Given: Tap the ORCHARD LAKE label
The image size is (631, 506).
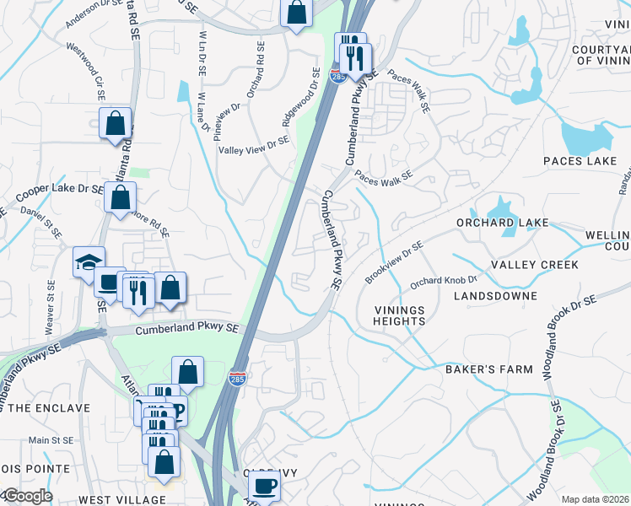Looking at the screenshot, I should pyautogui.click(x=502, y=223).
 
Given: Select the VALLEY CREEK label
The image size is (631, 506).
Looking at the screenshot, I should pyautogui.click(x=534, y=265).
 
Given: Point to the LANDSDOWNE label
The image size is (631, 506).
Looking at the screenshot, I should pyautogui.click(x=494, y=296).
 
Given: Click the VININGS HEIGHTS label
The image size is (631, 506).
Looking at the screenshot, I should pyautogui.click(x=399, y=315).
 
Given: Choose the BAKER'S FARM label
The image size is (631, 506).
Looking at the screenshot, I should pyautogui.click(x=489, y=369).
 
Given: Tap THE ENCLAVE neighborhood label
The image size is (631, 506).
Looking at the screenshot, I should pyautogui.click(x=49, y=408).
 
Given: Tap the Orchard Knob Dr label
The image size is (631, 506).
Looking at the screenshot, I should pyautogui.click(x=444, y=280).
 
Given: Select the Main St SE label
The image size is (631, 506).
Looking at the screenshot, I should pyautogui.click(x=51, y=440).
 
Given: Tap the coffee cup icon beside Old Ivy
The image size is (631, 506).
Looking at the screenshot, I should pyautogui.click(x=264, y=486).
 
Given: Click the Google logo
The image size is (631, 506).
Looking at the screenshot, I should pyautogui.click(x=27, y=496).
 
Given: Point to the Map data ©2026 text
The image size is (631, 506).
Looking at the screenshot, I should pyautogui.click(x=594, y=499).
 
